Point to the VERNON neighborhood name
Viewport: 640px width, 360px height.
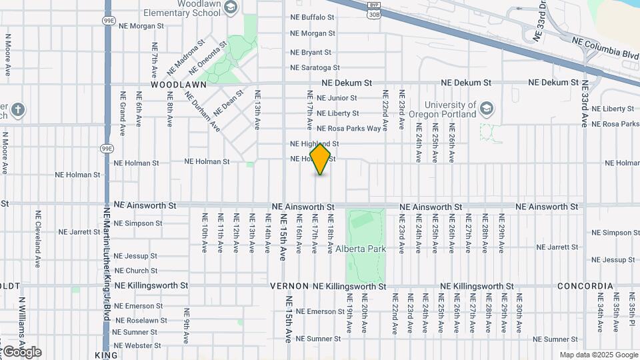coord(289,286)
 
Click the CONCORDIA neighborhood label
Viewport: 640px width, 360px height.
coord(585,286)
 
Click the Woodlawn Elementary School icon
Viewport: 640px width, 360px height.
coord(231,8)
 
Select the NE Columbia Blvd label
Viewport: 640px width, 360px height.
coord(605,48)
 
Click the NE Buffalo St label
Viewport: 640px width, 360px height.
coord(312,17)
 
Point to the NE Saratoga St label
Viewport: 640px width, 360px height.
coord(315,68)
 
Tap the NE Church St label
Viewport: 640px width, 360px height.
coord(135,271)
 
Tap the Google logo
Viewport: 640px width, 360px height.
coord(22,352)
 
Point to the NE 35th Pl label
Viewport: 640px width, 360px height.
coord(631,313)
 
